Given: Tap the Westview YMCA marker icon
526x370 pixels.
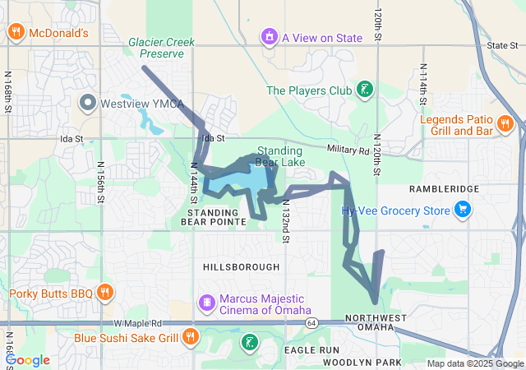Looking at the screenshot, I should (88, 104).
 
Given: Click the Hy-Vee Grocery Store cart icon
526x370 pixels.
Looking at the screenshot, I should (463, 210).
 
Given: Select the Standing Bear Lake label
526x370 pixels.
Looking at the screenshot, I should (280, 156).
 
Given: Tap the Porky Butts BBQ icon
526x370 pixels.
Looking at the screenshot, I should (104, 293).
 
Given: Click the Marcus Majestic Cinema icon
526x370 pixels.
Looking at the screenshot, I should (206, 303).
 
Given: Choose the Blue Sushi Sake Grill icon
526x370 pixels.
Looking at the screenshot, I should (191, 336).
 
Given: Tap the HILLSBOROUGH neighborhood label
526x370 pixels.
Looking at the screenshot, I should (241, 267).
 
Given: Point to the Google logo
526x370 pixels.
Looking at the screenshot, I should (27, 360).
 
